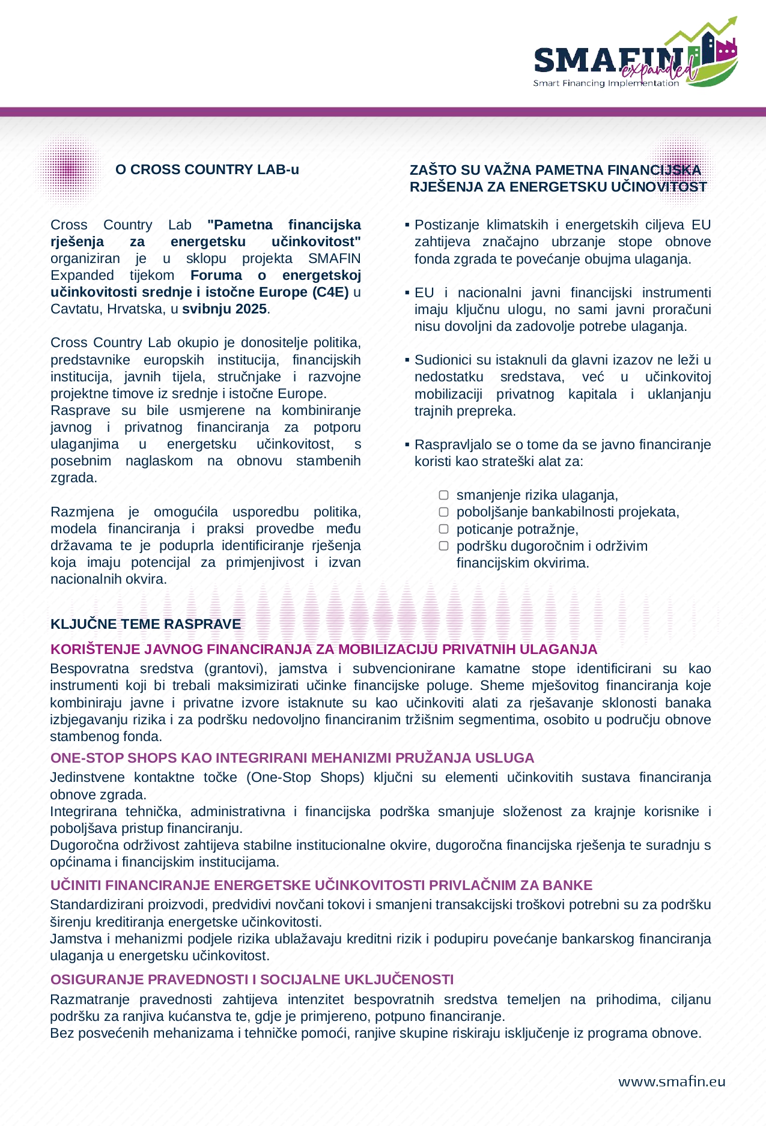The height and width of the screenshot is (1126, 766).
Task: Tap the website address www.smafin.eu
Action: coord(672,1082)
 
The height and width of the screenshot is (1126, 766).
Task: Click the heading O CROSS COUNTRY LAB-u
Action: coord(207,170)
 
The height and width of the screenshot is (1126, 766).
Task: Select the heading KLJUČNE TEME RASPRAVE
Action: coord(145,624)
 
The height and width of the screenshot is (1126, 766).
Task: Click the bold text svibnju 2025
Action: coord(225,309)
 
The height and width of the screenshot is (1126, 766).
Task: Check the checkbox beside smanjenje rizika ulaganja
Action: coord(443,495)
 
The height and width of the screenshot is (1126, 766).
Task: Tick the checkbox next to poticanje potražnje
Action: coord(443,529)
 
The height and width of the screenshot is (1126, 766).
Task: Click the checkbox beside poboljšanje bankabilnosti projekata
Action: coord(443,512)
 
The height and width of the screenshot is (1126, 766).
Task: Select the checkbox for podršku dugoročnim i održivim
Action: coord(443,546)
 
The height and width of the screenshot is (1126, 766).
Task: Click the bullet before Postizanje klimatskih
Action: coord(407,225)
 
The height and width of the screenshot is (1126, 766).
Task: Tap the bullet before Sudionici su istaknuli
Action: coord(407,360)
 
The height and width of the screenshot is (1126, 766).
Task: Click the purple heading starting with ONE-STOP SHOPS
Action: coord(292,758)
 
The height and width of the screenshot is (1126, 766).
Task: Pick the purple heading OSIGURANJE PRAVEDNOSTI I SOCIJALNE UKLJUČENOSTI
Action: coord(252,979)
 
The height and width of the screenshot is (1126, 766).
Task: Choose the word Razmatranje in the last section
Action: coord(88,999)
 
